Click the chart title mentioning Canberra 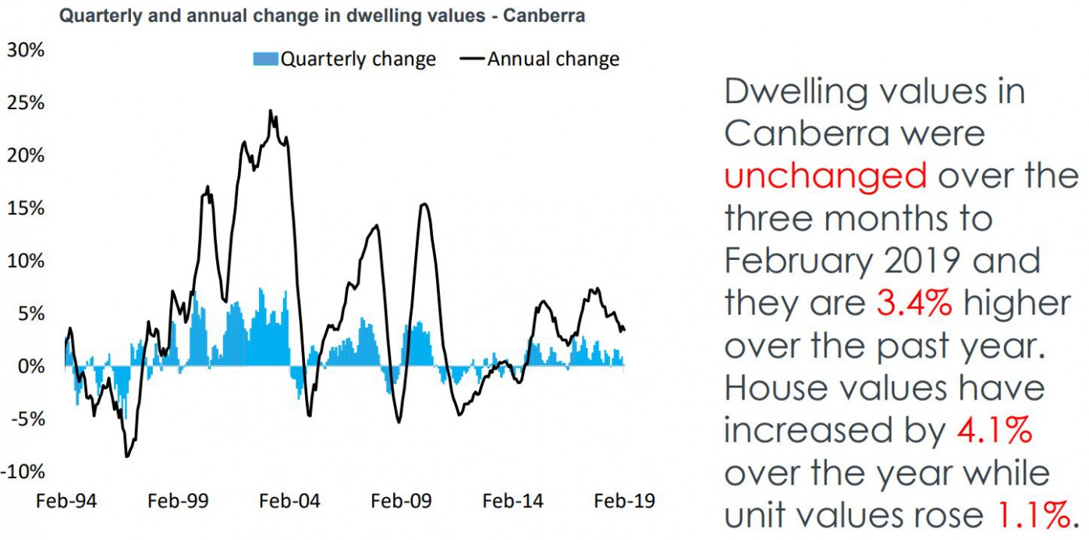point(322,16)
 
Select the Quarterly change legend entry point(344,59)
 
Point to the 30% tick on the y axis point(26,50)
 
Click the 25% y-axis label point(26,103)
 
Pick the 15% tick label point(26,208)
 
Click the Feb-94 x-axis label point(66,500)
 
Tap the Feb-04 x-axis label point(289,500)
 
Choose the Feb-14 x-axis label point(512,500)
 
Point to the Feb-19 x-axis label point(623,500)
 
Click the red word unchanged point(825,176)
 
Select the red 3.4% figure point(913,304)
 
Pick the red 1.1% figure point(1029,515)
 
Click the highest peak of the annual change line point(271,111)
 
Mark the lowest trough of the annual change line point(127,457)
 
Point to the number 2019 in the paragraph point(917,261)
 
